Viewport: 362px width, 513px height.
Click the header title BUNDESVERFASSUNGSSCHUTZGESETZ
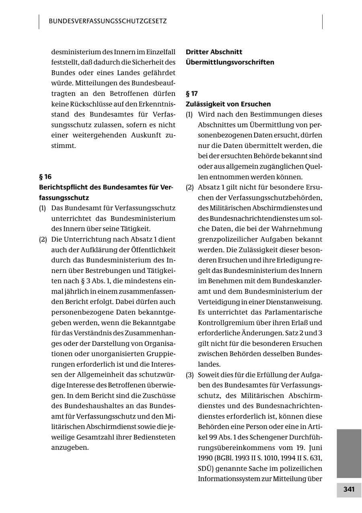(x=108, y=21)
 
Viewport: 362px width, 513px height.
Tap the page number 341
(x=349, y=489)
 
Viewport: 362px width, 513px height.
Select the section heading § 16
(x=45, y=176)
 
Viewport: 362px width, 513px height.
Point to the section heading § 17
(x=191, y=94)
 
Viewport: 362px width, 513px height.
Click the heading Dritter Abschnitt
(x=214, y=52)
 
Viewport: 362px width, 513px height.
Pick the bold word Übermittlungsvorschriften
(x=230, y=62)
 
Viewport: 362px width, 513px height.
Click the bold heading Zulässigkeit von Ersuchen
(x=228, y=104)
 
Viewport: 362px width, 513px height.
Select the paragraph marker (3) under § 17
(x=189, y=375)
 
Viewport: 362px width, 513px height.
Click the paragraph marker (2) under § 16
(x=43, y=239)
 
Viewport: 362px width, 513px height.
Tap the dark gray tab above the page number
(x=349, y=453)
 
